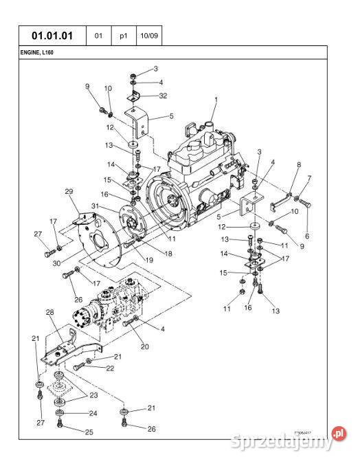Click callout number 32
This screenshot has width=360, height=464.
163,97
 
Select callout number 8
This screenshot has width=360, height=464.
298,164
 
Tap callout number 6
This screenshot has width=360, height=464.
306,236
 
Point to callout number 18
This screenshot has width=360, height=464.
168,253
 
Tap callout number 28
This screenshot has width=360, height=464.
49,313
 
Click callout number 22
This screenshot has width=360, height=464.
109,369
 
